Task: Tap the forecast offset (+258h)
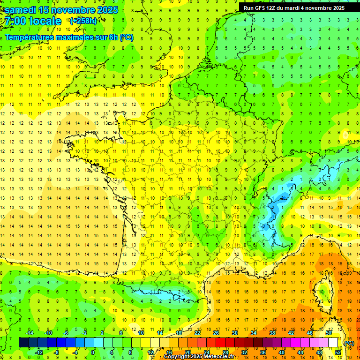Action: pos(83,21)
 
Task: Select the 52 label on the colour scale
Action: pos(338,352)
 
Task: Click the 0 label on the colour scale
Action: pos(92,352)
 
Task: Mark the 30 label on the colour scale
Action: pos(234,332)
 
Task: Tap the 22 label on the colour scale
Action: pos(197,332)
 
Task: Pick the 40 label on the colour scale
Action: pos(281,352)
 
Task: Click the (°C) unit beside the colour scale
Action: pos(349,343)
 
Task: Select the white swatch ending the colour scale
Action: pos(333,343)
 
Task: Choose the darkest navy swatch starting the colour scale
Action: pos(23,343)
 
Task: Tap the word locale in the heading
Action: pos(45,21)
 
